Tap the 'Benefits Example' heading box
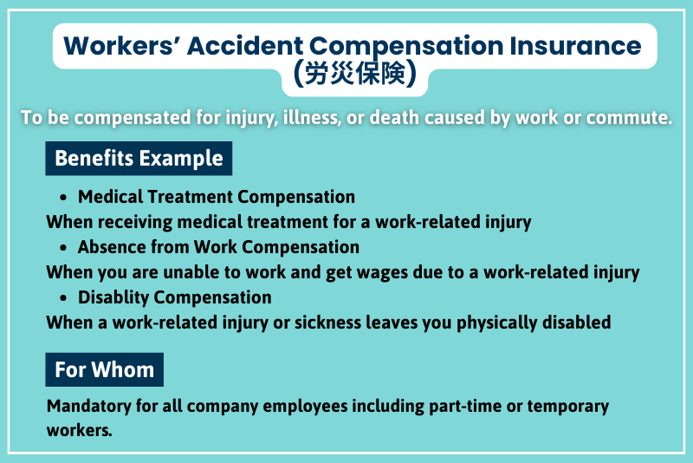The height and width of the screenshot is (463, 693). pyautogui.click(x=139, y=159)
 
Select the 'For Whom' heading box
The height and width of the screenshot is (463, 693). pyautogui.click(x=104, y=369)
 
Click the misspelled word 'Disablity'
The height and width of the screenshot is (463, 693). pyautogui.click(x=112, y=297)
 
